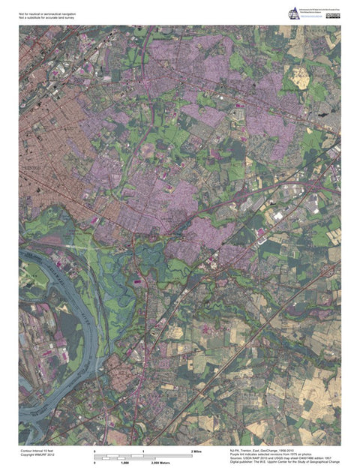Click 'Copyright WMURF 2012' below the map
click(x=37, y=454)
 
